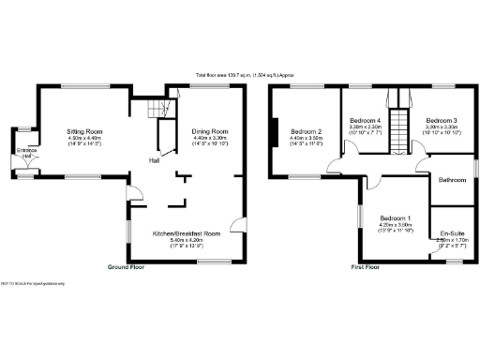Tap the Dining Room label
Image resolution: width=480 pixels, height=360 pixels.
(x=211, y=131)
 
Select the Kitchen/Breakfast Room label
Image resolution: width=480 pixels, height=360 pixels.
(x=187, y=233)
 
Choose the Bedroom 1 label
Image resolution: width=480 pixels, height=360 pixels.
(x=395, y=217)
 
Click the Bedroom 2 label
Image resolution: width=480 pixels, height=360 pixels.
(x=306, y=131)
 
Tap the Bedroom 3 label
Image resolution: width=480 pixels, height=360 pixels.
(x=441, y=121)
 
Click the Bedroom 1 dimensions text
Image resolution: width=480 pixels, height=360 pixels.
(x=395, y=227)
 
